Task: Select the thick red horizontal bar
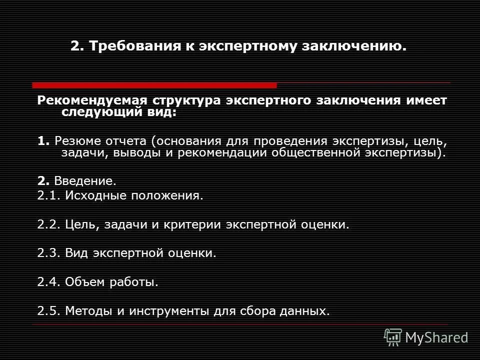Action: click(x=154, y=85)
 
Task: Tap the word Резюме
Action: click(x=74, y=141)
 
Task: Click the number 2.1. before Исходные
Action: click(x=49, y=196)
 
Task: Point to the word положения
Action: click(x=167, y=196)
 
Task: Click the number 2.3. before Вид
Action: click(x=49, y=253)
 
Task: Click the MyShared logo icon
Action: click(x=393, y=337)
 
